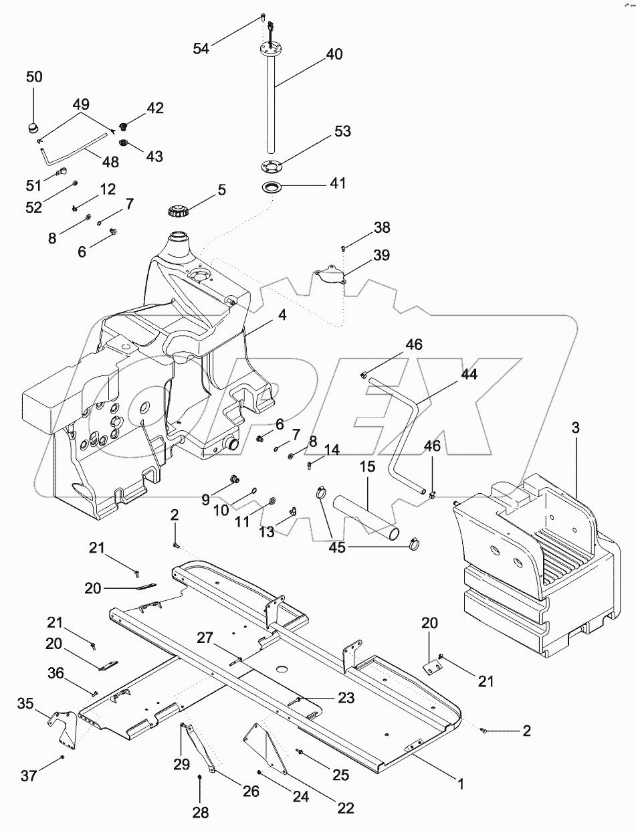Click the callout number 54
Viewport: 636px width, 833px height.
[201, 48]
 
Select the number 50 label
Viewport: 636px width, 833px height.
[34, 77]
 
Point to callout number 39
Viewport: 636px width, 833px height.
[381, 255]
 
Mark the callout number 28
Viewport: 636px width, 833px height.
[201, 813]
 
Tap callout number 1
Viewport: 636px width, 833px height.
[460, 781]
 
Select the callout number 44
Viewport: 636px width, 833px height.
[469, 375]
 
